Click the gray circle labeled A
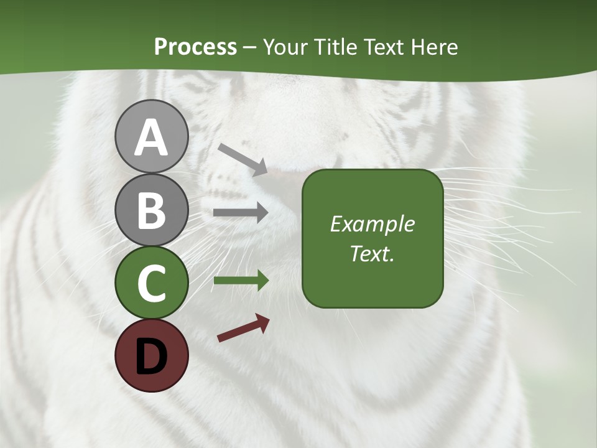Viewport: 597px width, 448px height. click(151, 136)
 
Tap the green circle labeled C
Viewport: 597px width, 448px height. click(151, 282)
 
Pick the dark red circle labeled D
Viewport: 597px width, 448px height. click(151, 355)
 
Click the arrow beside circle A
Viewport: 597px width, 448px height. click(243, 158)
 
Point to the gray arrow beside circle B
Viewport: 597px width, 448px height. click(241, 213)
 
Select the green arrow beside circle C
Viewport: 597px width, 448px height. click(241, 281)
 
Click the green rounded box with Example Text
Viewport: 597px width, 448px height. click(373, 238)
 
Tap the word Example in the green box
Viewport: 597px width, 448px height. click(373, 224)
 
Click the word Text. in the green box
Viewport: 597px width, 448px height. click(373, 254)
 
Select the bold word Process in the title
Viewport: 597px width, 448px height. click(195, 47)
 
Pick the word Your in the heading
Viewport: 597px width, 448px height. click(284, 47)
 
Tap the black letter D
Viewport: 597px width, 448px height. click(151, 356)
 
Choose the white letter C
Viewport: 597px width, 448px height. click(151, 283)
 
